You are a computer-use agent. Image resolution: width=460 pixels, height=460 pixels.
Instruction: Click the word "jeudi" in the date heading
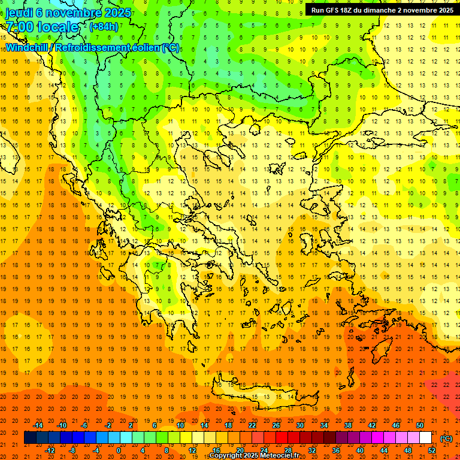[x=20, y=12]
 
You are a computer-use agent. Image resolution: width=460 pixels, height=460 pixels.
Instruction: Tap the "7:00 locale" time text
[x=42, y=27]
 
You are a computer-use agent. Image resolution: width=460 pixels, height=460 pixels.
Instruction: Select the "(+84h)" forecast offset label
[x=104, y=26]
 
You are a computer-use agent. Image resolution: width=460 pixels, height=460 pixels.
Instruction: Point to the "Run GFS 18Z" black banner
[x=382, y=10]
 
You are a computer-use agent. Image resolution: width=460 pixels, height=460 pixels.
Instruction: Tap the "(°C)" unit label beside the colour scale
[x=446, y=438]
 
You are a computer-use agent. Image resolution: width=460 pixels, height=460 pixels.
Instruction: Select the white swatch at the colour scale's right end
[x=425, y=438]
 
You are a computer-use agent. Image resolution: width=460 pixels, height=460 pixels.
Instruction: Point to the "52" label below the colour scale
[x=432, y=450]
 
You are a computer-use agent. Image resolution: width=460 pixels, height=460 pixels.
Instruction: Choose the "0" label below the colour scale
[x=119, y=450]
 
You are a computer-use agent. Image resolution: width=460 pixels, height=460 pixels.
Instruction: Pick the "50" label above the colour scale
[x=419, y=425]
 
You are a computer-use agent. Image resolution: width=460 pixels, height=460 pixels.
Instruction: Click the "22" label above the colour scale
[x=252, y=425]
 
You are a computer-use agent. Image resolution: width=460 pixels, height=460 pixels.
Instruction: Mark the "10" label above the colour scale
[x=180, y=425]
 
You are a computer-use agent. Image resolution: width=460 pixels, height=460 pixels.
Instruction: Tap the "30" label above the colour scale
[x=299, y=425]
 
